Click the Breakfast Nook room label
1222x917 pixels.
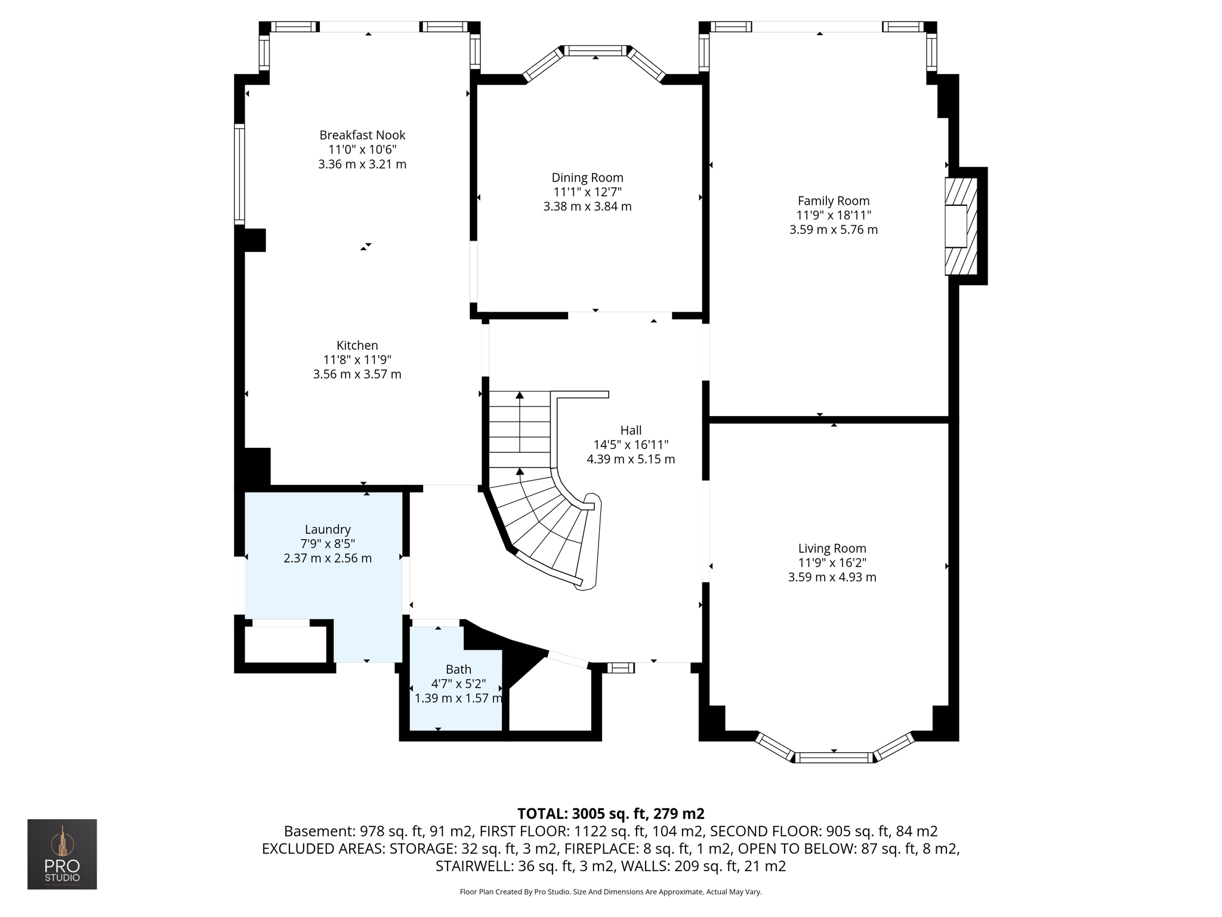pyautogui.click(x=362, y=135)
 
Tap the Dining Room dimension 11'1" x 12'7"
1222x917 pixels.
pyautogui.click(x=587, y=192)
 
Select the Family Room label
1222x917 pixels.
pyautogui.click(x=833, y=201)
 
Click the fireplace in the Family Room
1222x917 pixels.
pyautogui.click(x=961, y=226)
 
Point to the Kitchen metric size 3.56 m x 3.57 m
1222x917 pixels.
pyautogui.click(x=357, y=374)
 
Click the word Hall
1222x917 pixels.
pyautogui.click(x=631, y=430)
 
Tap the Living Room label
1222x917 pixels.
pyautogui.click(x=832, y=548)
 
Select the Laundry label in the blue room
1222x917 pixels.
pyautogui.click(x=328, y=529)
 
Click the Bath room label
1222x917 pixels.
pyautogui.click(x=458, y=669)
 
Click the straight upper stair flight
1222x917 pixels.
pyautogui.click(x=520, y=430)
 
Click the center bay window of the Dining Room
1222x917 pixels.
pyautogui.click(x=595, y=51)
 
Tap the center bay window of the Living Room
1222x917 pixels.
pyautogui.click(x=834, y=758)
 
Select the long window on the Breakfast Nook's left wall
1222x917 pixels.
pyautogui.click(x=239, y=174)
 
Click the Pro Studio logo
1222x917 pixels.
pyautogui.click(x=62, y=854)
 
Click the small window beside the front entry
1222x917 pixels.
pyautogui.click(x=621, y=667)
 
